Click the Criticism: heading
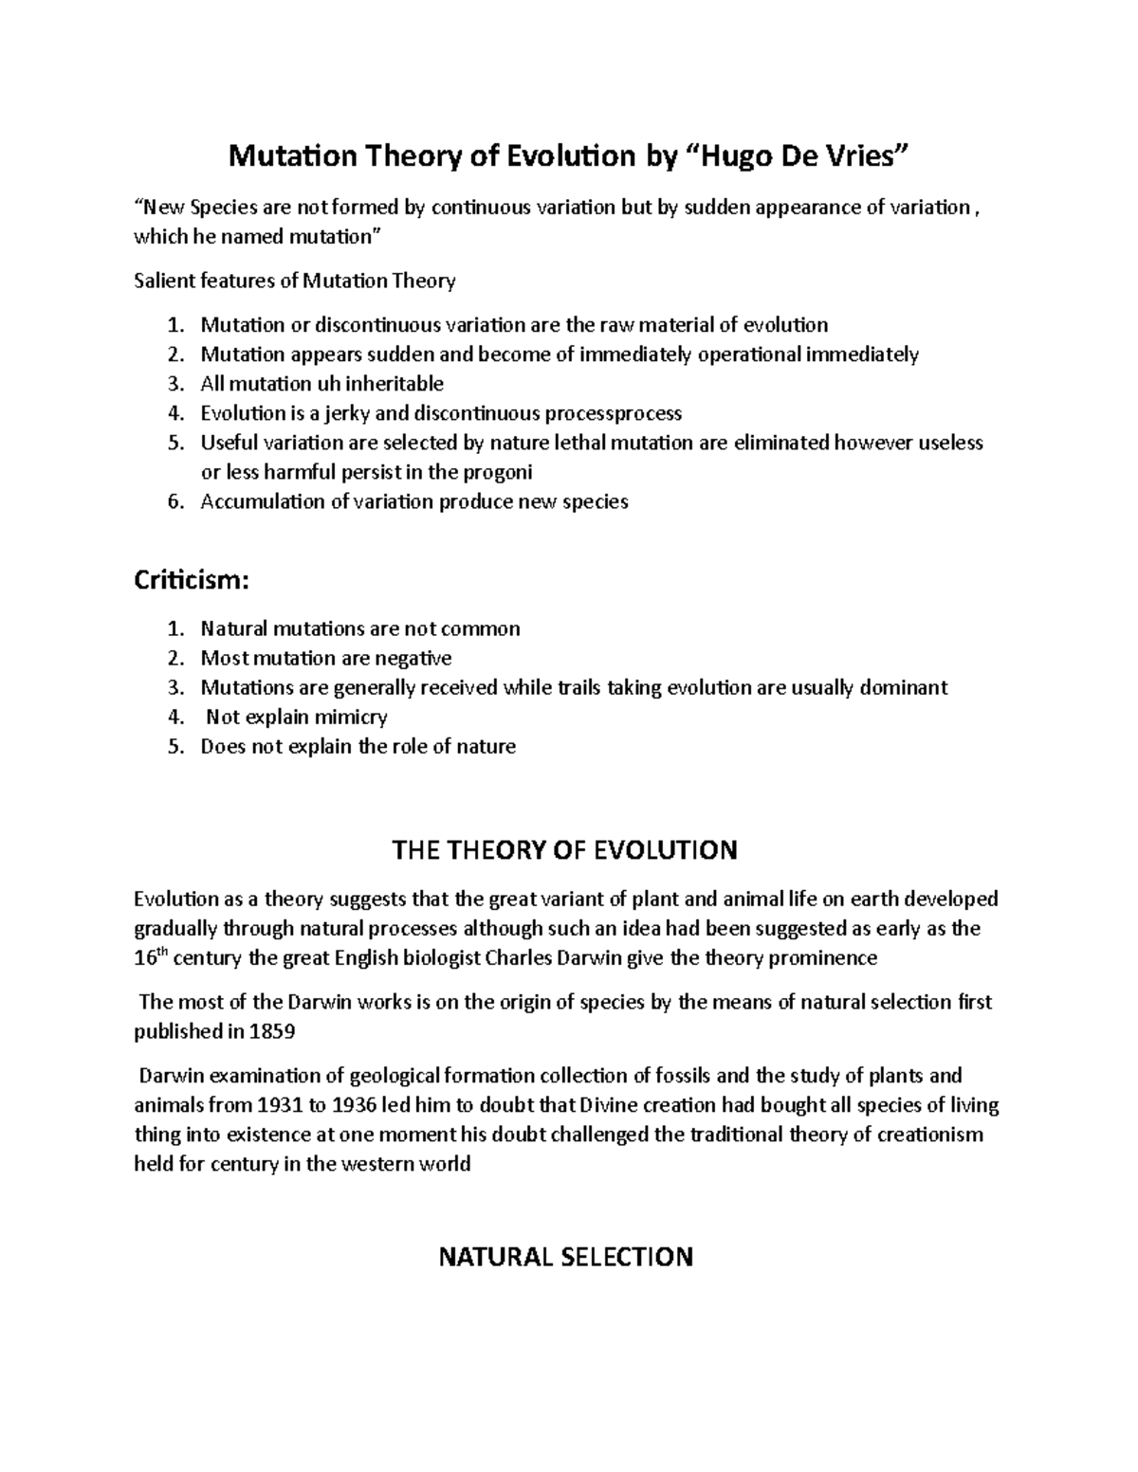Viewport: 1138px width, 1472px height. coord(191,579)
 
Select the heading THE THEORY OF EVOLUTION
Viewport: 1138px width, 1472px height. coord(564,849)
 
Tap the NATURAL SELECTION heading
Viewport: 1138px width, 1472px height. coord(564,1257)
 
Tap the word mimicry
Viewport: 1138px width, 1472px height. coord(351,717)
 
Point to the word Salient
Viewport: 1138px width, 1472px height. coord(166,281)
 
